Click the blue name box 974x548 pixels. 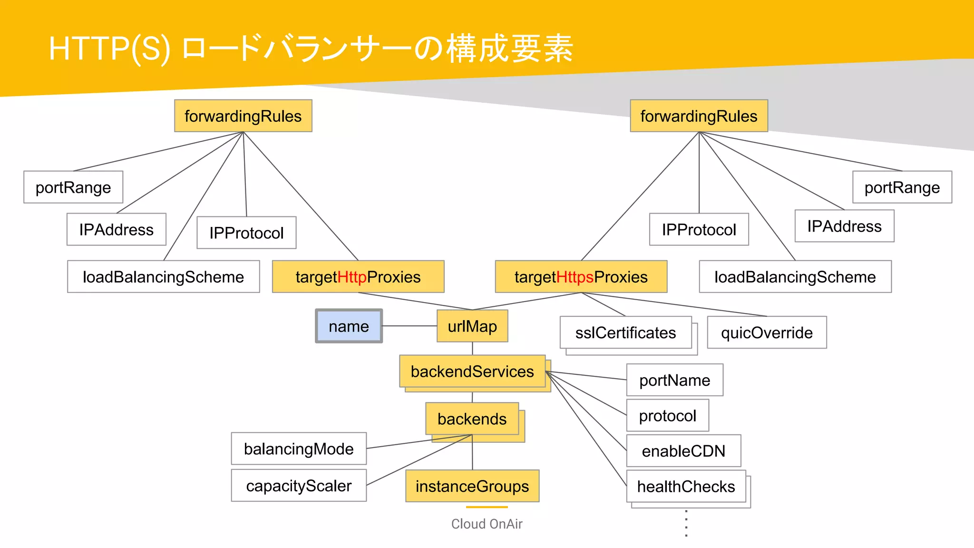[349, 326]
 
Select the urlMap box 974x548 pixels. [472, 326]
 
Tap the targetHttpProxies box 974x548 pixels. [358, 277]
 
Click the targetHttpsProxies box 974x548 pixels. [581, 277]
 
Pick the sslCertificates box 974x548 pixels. [625, 333]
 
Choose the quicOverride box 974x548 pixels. [767, 333]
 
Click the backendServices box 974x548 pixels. [472, 372]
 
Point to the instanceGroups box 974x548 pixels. [472, 486]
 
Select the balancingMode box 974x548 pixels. [299, 449]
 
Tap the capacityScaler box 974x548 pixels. [299, 486]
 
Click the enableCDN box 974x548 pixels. [683, 451]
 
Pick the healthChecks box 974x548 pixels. [686, 486]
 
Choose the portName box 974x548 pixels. [674, 380]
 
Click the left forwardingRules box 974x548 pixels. [243, 116]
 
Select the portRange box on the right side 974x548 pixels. [902, 187]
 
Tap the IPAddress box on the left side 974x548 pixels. [116, 230]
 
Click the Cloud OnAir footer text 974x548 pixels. [487, 524]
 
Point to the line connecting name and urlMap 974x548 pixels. [409, 326]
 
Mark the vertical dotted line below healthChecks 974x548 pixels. [686, 523]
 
